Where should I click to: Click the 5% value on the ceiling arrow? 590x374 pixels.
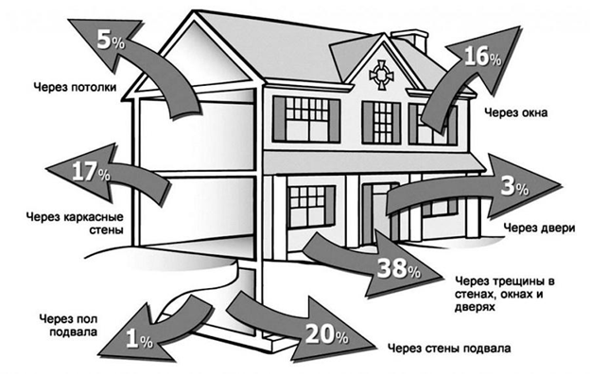click(111, 40)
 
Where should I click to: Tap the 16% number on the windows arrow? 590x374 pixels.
click(482, 58)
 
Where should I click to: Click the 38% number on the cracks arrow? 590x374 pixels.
click(399, 268)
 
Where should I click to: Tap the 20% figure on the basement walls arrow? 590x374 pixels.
click(326, 334)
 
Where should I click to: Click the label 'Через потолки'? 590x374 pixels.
click(75, 87)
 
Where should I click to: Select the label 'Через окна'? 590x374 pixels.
click(516, 112)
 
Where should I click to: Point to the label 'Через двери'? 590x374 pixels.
click(539, 228)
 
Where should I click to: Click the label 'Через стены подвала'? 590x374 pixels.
click(449, 348)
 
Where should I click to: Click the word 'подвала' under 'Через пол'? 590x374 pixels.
click(74, 331)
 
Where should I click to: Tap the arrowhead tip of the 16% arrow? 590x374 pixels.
click(520, 27)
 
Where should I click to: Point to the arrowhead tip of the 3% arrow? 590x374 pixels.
click(562, 185)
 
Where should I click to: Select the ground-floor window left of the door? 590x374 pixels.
click(311, 207)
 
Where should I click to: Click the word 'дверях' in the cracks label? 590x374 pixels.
click(475, 307)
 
